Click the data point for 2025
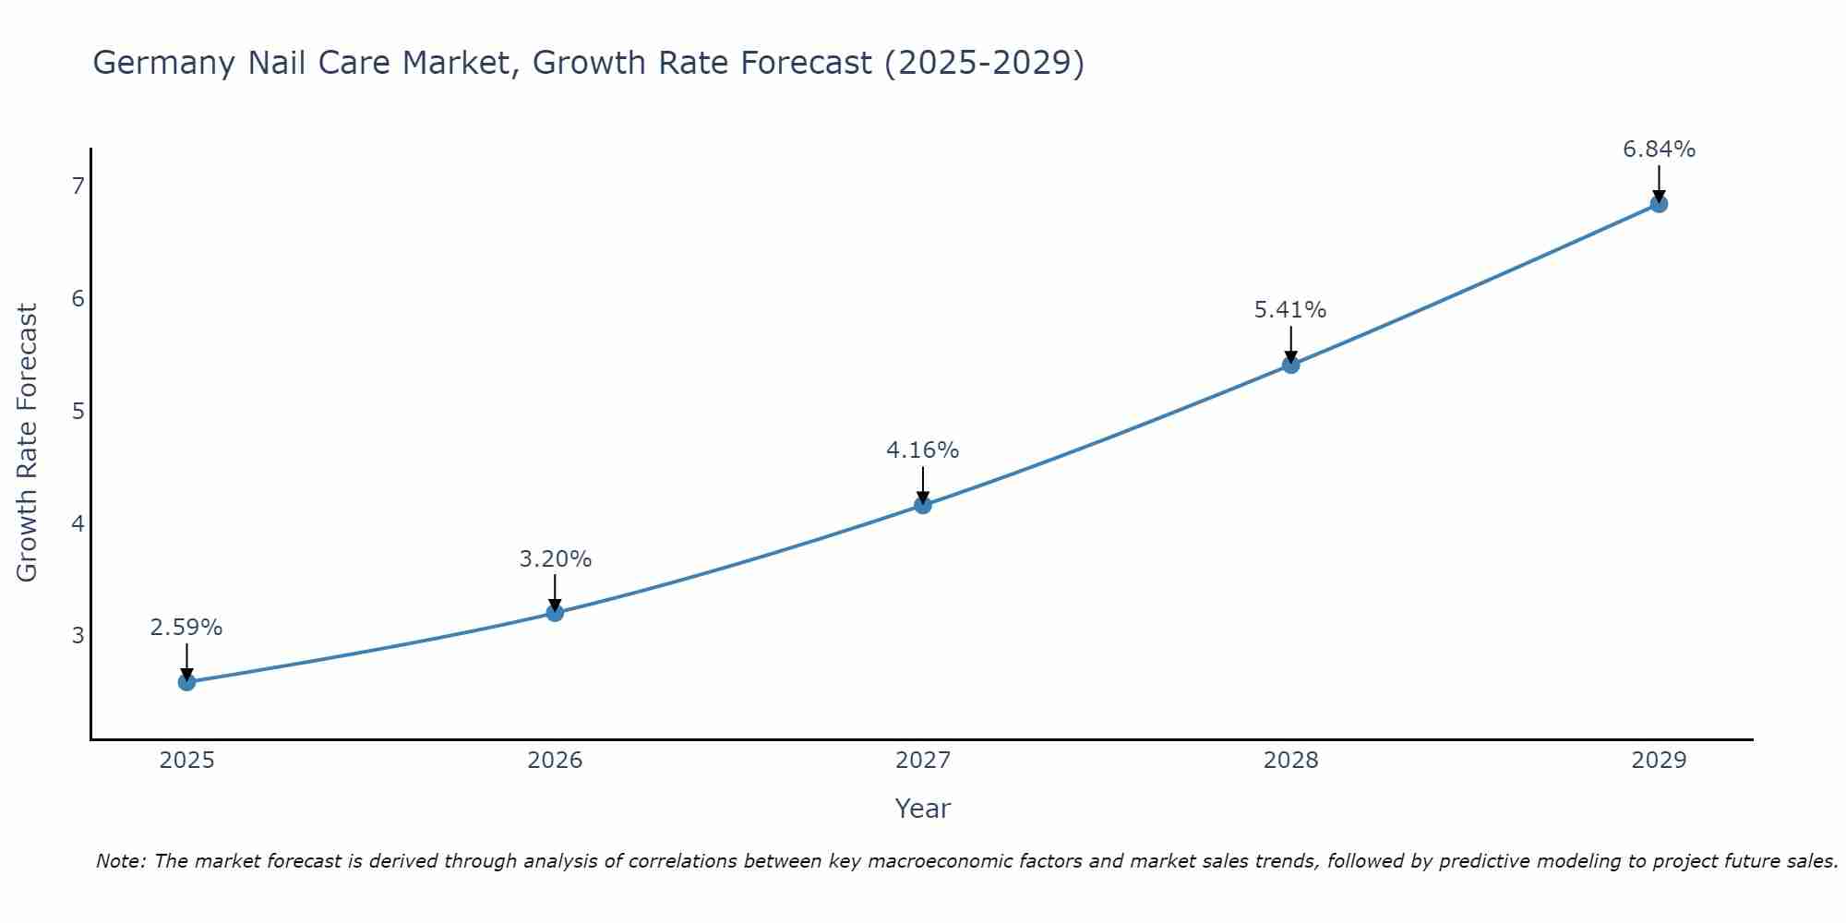[x=186, y=682]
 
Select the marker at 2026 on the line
[x=555, y=613]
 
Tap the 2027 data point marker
[x=922, y=505]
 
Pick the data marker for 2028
[x=1290, y=365]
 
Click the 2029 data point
[x=1659, y=204]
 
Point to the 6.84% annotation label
[x=1659, y=150]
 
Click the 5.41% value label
[x=1290, y=310]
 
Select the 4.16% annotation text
[x=922, y=450]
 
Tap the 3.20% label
[x=555, y=559]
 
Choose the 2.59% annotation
[x=186, y=628]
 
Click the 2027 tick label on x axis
[x=922, y=761]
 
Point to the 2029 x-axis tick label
[x=1659, y=761]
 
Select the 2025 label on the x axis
[x=186, y=761]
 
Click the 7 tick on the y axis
[x=78, y=186]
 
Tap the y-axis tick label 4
[x=78, y=523]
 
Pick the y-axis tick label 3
[x=78, y=636]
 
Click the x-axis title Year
[x=922, y=809]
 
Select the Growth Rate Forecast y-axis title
[x=28, y=443]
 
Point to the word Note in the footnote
[x=120, y=861]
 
